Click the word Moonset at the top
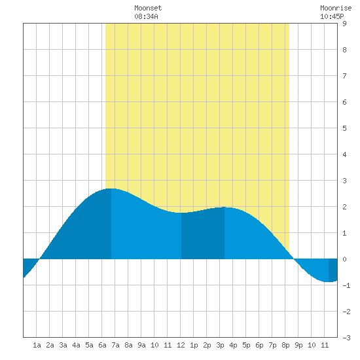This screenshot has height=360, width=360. pos(148,8)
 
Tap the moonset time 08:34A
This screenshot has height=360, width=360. pos(146,16)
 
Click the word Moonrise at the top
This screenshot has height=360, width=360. pos(336,8)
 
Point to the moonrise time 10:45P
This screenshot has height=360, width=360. pos(332,16)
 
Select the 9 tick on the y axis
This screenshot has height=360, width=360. pos(344,24)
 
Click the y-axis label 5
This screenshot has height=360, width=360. pos(344,128)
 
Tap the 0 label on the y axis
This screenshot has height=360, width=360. pos(344,259)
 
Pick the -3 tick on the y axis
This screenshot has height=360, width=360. pos(346,338)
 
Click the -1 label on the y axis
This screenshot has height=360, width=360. pos(346,285)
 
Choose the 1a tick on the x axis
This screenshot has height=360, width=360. pos(37,345)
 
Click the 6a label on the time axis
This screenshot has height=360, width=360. pos(102,345)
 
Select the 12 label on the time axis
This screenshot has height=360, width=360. pos(181,345)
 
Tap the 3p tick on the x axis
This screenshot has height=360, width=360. pos(220,345)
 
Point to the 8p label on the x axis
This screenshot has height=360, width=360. pos(285,345)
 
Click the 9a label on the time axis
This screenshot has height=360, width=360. pos(141,345)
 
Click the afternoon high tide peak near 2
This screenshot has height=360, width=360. pos(225,207)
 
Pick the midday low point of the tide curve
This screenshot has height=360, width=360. pos(181,213)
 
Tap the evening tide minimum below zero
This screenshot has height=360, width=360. pos(329,281)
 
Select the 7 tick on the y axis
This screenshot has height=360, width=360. pos(344,76)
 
